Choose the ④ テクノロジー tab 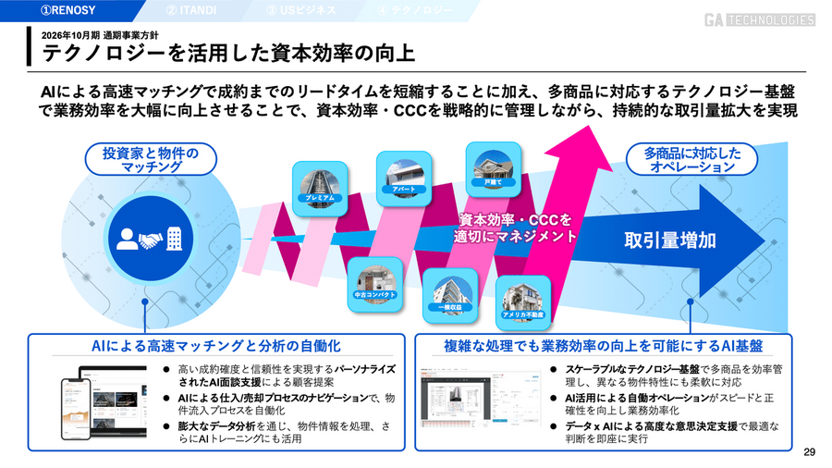415,11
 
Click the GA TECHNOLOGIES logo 761,19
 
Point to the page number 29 809,452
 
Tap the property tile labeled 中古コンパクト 375,280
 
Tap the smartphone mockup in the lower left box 73,409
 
